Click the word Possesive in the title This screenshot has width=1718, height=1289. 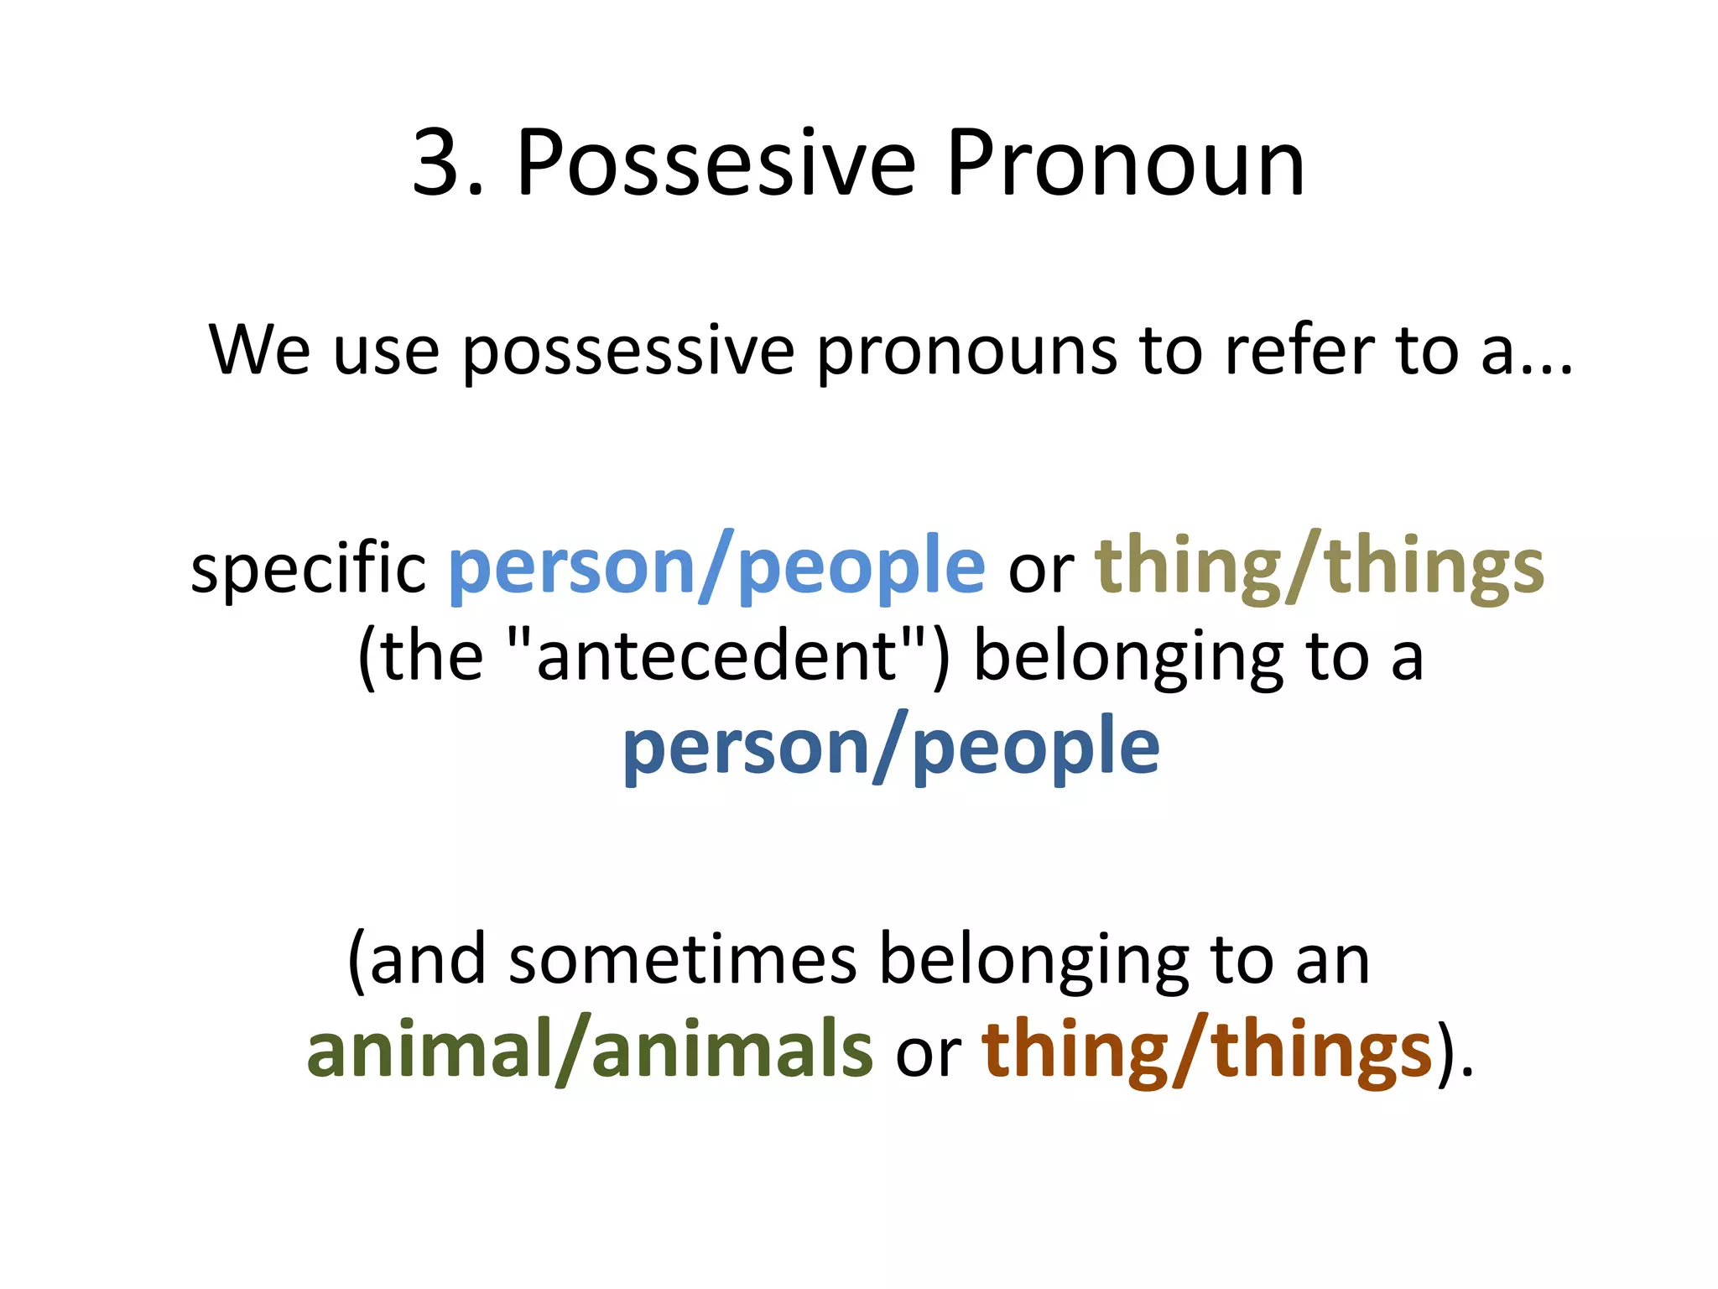716,164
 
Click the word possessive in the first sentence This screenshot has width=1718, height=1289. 627,351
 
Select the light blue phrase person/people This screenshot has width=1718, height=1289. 717,568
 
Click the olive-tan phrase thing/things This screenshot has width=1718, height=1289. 1320,568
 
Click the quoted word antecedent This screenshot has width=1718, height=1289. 716,655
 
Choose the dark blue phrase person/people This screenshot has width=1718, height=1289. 891,748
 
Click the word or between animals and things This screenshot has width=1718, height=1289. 927,1052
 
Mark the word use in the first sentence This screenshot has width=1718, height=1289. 386,351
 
